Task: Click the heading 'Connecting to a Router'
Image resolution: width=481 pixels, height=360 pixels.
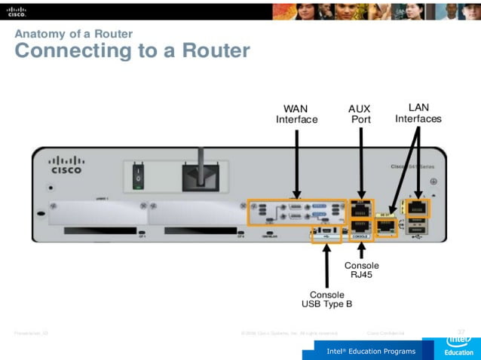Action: click(132, 51)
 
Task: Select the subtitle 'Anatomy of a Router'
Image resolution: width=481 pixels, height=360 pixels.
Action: click(74, 33)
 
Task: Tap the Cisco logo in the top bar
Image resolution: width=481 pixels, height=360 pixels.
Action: click(17, 10)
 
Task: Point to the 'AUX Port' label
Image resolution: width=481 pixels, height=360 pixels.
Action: click(361, 114)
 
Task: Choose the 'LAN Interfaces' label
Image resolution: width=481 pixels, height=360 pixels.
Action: click(418, 113)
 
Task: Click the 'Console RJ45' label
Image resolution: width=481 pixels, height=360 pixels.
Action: click(361, 270)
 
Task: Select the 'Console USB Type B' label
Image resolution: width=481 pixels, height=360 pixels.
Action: click(326, 299)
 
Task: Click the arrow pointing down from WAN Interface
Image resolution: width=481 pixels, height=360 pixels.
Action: click(299, 162)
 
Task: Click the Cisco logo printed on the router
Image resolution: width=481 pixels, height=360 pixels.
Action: click(66, 165)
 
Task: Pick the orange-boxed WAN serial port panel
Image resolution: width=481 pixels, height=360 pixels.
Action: click(297, 212)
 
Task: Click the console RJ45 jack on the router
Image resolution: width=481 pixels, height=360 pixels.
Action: click(361, 227)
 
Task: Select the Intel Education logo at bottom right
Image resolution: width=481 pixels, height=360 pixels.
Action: click(458, 343)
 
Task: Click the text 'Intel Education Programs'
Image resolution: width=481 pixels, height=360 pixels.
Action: click(370, 352)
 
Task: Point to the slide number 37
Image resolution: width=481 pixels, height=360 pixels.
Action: click(461, 331)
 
